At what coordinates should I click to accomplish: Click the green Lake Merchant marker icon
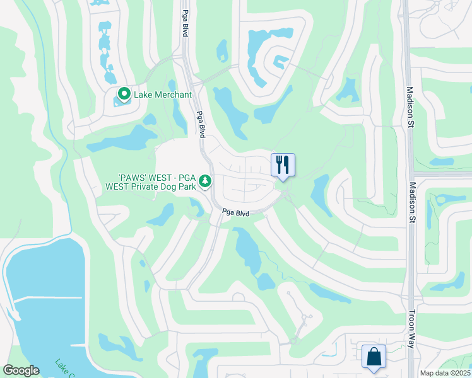pyautogui.click(x=123, y=95)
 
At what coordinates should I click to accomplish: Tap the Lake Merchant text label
pyautogui.click(x=163, y=95)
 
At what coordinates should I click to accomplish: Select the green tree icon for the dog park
pyautogui.click(x=205, y=181)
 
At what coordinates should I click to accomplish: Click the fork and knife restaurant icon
pyautogui.click(x=283, y=165)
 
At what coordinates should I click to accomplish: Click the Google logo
pyautogui.click(x=21, y=370)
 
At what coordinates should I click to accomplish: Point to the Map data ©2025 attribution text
pyautogui.click(x=444, y=373)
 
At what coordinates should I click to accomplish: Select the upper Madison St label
pyautogui.click(x=410, y=107)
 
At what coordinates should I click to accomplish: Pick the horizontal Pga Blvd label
pyautogui.click(x=235, y=214)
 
